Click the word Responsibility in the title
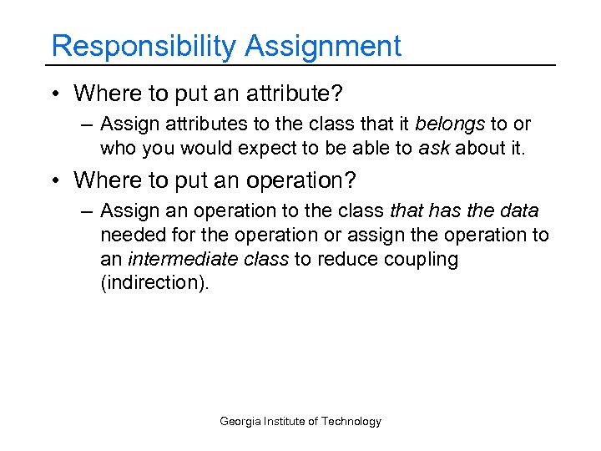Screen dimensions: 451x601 144,46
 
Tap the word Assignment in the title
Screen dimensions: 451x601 323,46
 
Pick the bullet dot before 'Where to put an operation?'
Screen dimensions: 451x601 54,180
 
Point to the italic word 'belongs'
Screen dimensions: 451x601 456,125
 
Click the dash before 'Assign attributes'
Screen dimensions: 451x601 87,125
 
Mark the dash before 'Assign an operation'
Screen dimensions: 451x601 87,212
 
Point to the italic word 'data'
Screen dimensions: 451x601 518,212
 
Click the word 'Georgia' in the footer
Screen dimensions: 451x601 240,421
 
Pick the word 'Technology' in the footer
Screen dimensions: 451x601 351,421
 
